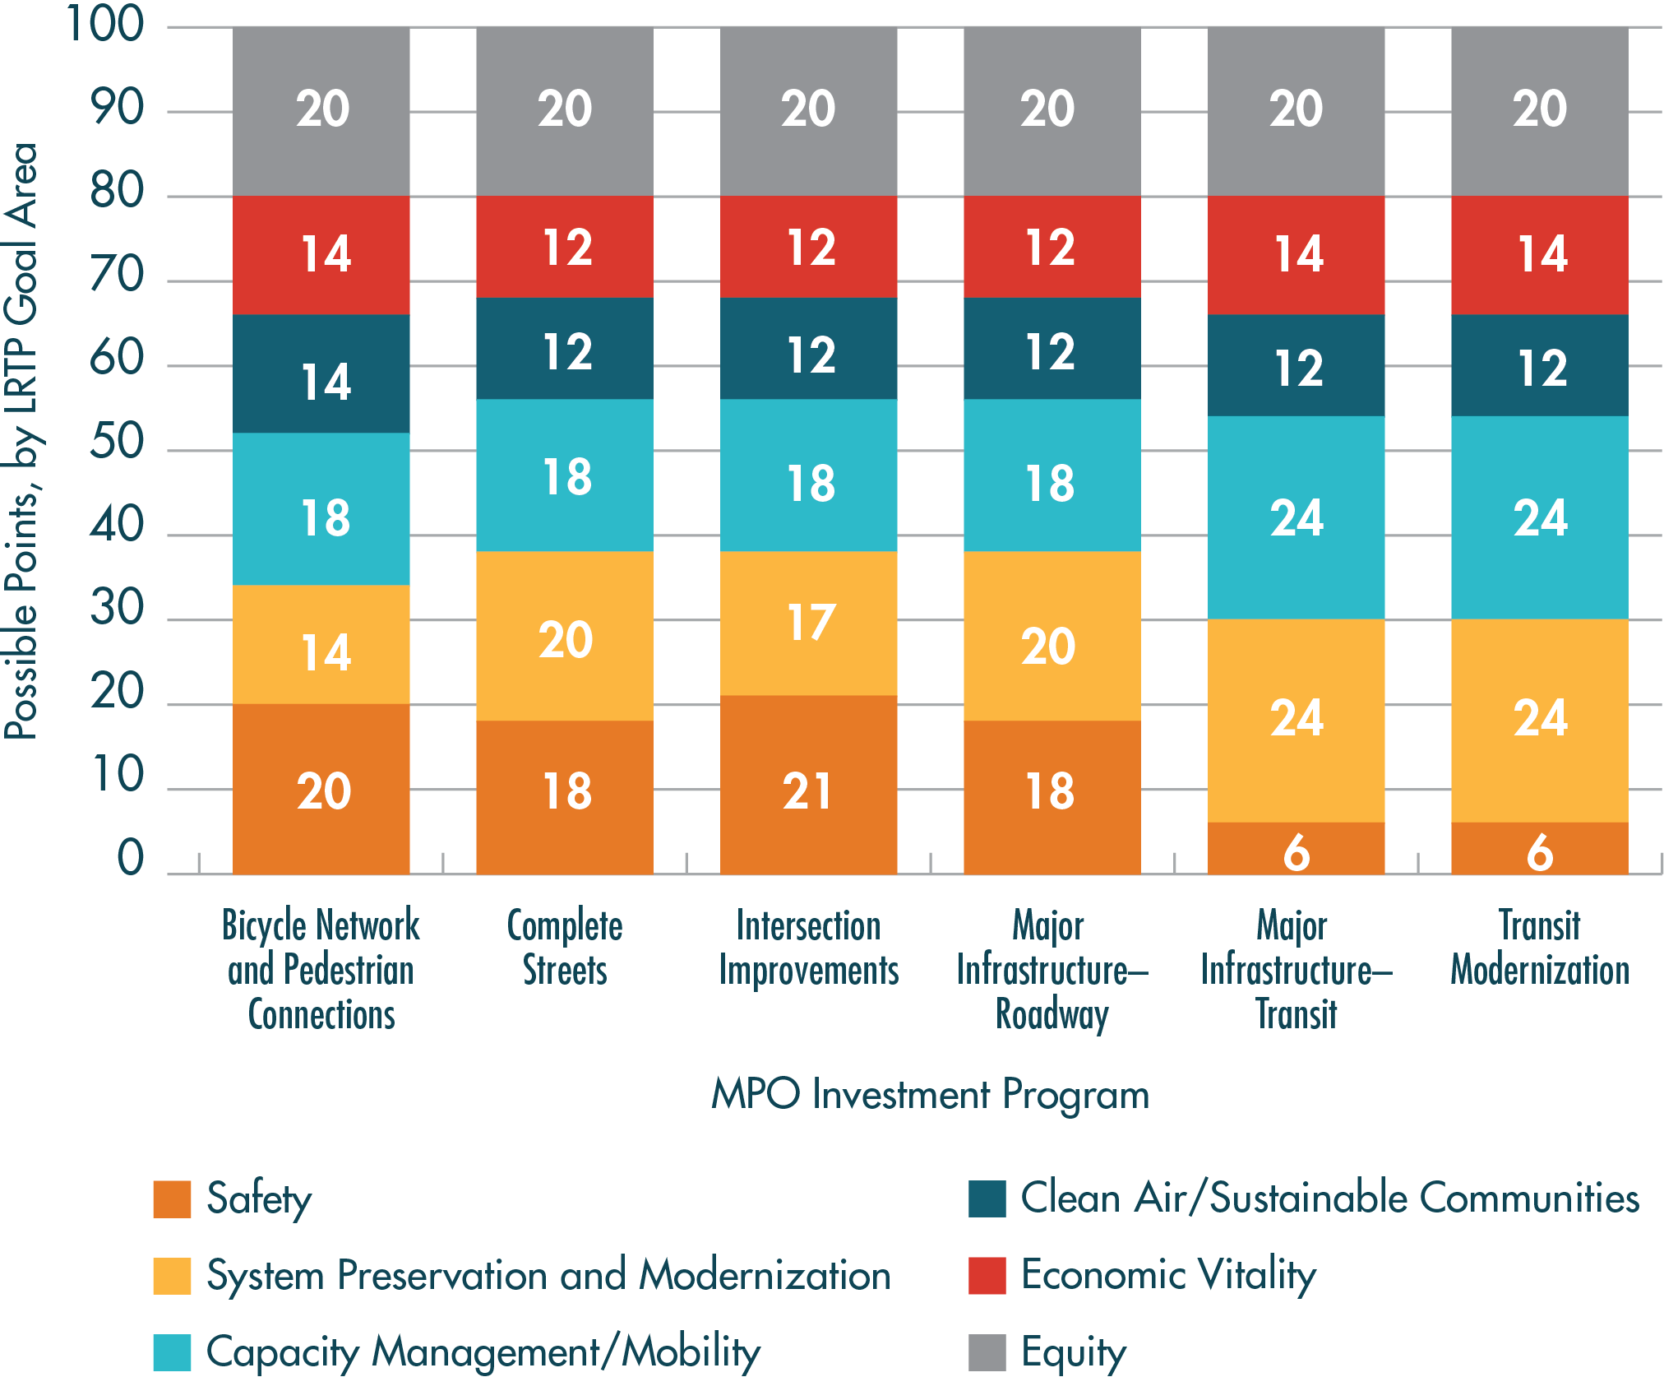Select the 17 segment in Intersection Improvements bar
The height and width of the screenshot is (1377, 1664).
coord(808,623)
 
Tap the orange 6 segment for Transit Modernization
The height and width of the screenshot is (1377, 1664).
coord(1539,848)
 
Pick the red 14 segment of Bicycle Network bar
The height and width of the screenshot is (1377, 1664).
coord(321,254)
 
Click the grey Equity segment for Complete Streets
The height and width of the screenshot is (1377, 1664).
coord(565,111)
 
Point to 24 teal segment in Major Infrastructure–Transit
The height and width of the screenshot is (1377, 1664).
coord(1296,517)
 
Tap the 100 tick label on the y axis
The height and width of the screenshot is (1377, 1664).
coord(104,25)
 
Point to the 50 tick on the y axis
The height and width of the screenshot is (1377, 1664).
coord(117,443)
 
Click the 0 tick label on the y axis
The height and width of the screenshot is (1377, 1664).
coord(130,858)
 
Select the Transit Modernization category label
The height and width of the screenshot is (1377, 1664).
coord(1539,948)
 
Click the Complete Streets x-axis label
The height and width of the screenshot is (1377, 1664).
coord(565,948)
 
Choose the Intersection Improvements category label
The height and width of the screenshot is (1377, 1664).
coord(808,948)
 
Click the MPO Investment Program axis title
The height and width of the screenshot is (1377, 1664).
coord(930,1095)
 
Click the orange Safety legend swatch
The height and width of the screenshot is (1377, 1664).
coord(172,1199)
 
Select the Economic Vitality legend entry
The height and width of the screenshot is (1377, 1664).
coord(1167,1275)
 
